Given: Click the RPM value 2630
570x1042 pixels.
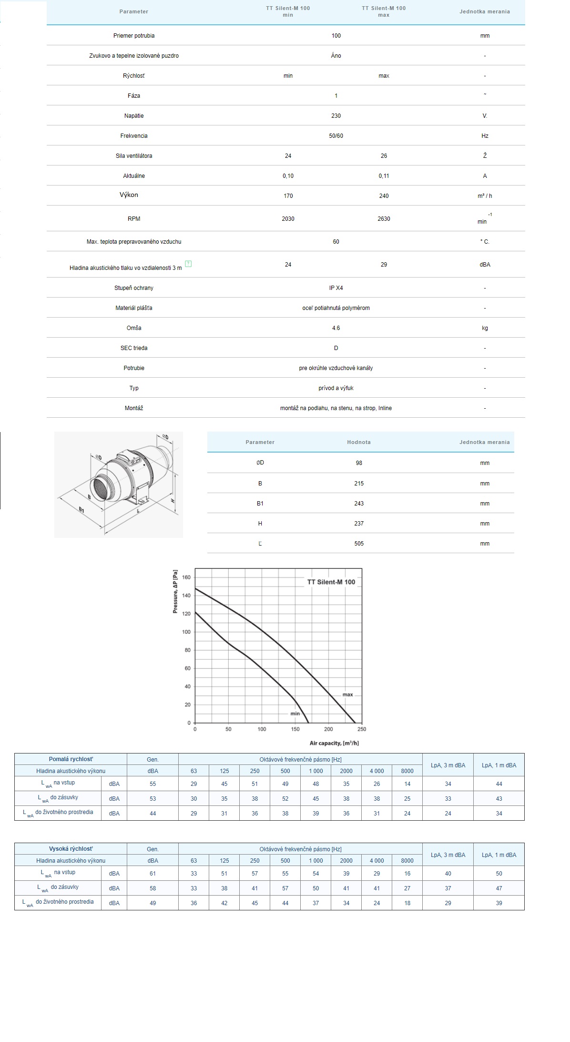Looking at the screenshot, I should [x=384, y=219].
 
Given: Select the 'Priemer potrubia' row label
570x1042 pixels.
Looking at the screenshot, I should [x=134, y=36].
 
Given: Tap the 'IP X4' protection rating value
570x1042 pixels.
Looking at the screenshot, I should [x=336, y=288].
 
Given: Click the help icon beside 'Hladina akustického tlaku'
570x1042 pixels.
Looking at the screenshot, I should [x=188, y=264].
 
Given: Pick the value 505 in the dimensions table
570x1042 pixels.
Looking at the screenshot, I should [x=359, y=544].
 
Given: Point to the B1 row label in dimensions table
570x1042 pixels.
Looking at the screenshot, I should [x=260, y=504].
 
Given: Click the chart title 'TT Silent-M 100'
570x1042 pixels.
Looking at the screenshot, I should [x=331, y=582].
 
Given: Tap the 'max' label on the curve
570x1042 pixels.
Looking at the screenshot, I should [x=347, y=694].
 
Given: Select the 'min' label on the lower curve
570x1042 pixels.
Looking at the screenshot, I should [x=295, y=713].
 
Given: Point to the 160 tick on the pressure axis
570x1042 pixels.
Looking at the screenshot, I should [x=186, y=578].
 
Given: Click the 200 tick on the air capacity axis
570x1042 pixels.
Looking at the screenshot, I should [x=328, y=729].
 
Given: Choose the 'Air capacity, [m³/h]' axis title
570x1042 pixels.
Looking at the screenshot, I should [x=334, y=743].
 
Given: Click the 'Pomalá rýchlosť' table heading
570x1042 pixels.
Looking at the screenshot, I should [x=71, y=759].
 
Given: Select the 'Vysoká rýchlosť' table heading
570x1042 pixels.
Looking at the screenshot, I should [x=71, y=849].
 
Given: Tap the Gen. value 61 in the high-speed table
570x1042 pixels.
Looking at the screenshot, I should [x=153, y=874].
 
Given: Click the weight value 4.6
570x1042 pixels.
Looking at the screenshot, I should [x=336, y=328].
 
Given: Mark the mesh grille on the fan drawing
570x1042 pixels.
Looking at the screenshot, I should [x=102, y=487].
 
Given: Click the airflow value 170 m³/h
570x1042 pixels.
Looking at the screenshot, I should [x=288, y=196].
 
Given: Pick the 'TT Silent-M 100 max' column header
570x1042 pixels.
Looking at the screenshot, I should [x=384, y=11].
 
